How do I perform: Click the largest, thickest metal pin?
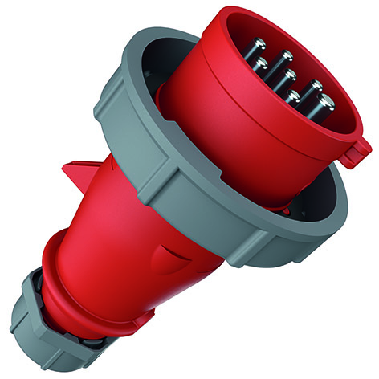point(324,102)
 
